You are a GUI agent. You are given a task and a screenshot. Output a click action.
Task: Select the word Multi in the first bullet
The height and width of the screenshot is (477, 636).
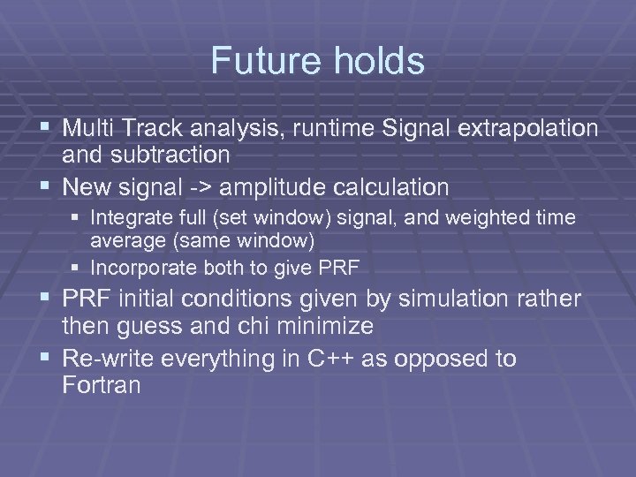pos(85,128)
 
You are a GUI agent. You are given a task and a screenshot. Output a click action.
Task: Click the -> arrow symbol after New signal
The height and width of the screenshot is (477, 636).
pos(198,187)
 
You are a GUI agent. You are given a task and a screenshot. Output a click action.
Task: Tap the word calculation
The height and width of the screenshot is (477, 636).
pos(393,187)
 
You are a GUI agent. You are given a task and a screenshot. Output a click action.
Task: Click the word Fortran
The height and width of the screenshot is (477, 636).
pos(103,385)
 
